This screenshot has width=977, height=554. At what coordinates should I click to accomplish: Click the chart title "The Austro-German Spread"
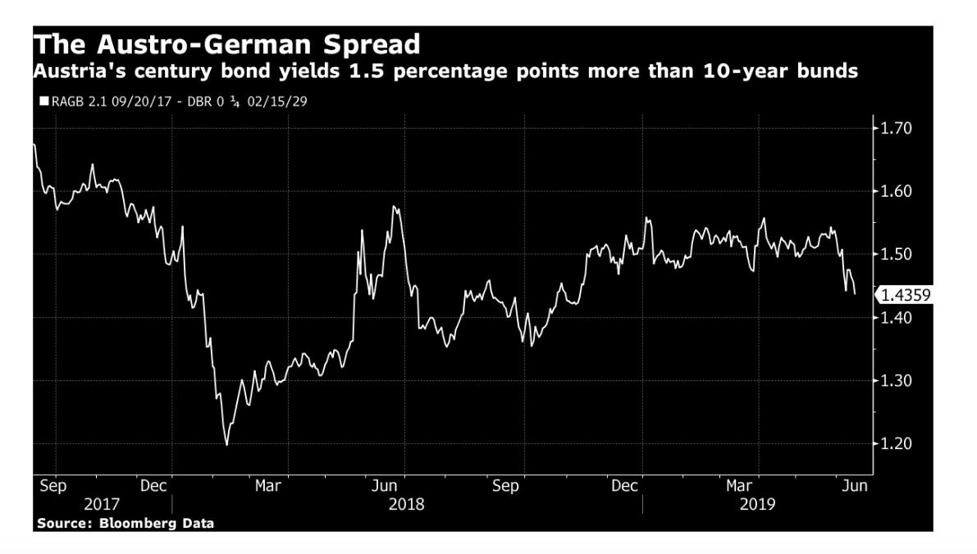[226, 44]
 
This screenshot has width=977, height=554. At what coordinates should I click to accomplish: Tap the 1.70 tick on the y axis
[895, 129]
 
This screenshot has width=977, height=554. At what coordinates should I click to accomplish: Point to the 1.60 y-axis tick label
[895, 192]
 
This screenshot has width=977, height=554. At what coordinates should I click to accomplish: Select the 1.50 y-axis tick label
[895, 255]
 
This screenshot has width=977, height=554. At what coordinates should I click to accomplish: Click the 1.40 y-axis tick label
[895, 318]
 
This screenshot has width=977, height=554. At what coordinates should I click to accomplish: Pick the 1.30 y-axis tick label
[895, 381]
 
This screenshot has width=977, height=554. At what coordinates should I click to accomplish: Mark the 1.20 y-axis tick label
[895, 444]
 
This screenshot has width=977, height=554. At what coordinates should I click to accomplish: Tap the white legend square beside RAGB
[43, 102]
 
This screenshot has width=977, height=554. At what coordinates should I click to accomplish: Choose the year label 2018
[407, 503]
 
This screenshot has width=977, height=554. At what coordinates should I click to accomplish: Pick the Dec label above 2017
[153, 486]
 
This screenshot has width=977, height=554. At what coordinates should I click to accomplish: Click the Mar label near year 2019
[739, 486]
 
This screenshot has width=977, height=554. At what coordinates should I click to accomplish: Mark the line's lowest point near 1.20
[226, 444]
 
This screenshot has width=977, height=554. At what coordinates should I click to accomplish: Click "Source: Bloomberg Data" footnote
[126, 523]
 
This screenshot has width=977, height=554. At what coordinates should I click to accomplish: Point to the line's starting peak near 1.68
[34, 144]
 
